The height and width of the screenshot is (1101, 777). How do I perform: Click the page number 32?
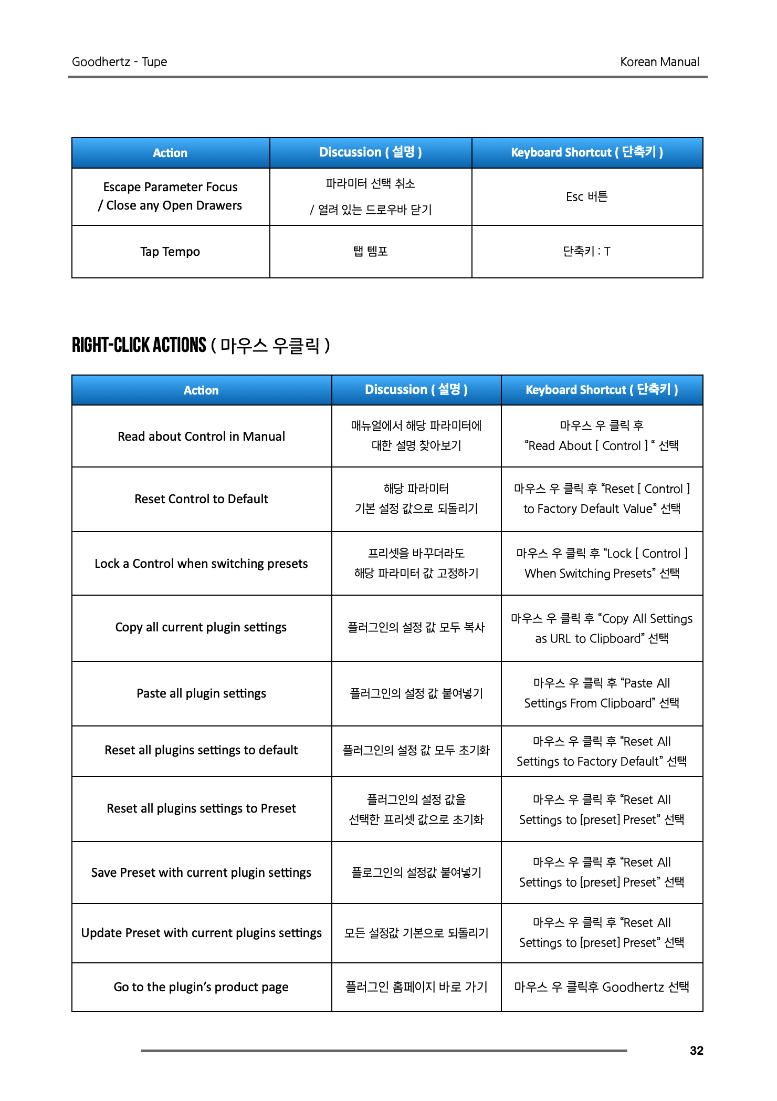[x=696, y=1051]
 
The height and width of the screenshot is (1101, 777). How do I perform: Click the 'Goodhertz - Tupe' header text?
[x=119, y=62]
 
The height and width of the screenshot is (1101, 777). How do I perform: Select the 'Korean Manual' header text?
[x=659, y=62]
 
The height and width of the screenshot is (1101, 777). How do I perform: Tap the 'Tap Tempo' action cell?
[x=170, y=252]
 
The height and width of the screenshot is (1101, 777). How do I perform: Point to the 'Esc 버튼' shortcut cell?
[x=586, y=197]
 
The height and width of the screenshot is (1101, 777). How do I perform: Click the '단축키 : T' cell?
[x=586, y=252]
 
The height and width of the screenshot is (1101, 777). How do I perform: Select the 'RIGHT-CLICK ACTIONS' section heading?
[x=140, y=345]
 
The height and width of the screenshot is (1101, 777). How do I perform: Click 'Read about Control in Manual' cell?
[x=201, y=437]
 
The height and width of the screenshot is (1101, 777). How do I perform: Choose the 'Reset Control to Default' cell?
[x=201, y=499]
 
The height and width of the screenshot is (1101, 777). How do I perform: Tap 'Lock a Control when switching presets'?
[x=201, y=564]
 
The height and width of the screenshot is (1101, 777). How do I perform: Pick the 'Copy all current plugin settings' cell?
[x=201, y=627]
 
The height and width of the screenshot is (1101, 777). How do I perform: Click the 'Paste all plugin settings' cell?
[x=201, y=693]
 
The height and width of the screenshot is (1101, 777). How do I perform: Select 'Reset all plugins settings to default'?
[x=201, y=750]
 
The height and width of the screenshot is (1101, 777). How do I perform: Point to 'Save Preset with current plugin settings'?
[x=201, y=873]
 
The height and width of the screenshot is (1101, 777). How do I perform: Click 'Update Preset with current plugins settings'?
[x=201, y=933]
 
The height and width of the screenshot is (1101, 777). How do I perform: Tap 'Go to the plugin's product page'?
[x=201, y=987]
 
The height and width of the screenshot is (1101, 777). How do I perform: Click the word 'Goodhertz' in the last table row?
[x=633, y=987]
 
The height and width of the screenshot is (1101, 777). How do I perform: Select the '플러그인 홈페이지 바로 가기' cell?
[x=416, y=987]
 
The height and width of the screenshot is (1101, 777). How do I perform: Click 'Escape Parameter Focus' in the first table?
[x=170, y=187]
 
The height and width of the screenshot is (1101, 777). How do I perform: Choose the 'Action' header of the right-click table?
[x=201, y=390]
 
